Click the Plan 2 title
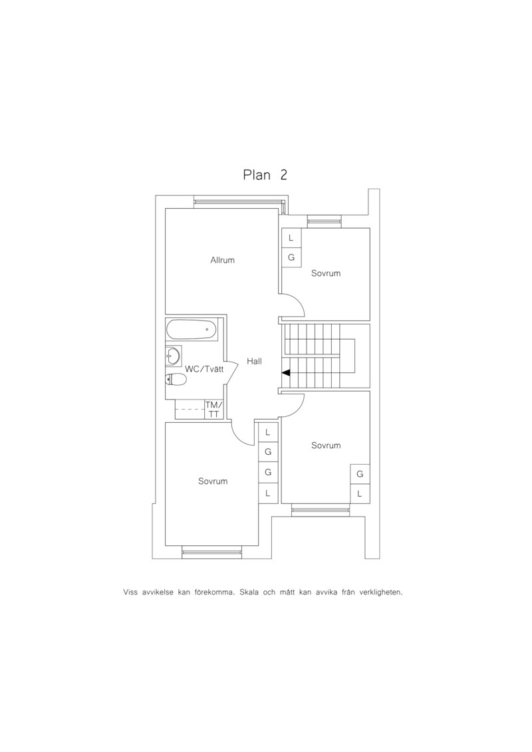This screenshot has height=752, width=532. pos(265,175)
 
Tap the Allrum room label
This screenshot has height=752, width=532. pos(223,261)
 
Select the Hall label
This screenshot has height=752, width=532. pos(254,361)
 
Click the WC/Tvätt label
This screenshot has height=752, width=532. pos(204,369)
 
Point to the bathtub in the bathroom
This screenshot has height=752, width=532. pos(192,330)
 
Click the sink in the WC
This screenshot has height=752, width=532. pos(173,355)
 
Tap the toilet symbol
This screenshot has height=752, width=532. pos(176,380)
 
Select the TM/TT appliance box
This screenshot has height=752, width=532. pos(214,410)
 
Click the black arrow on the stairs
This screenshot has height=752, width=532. pos(286,372)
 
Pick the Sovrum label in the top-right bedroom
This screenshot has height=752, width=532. pos(326,273)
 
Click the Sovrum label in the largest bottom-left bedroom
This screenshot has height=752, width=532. pos(213,481)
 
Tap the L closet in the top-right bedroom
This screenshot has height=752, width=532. pos(291,238)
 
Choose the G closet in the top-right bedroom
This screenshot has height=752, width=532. pos(291,257)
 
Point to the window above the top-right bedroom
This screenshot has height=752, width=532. pos(325,221)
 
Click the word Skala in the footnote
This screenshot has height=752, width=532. pos(249,592)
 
